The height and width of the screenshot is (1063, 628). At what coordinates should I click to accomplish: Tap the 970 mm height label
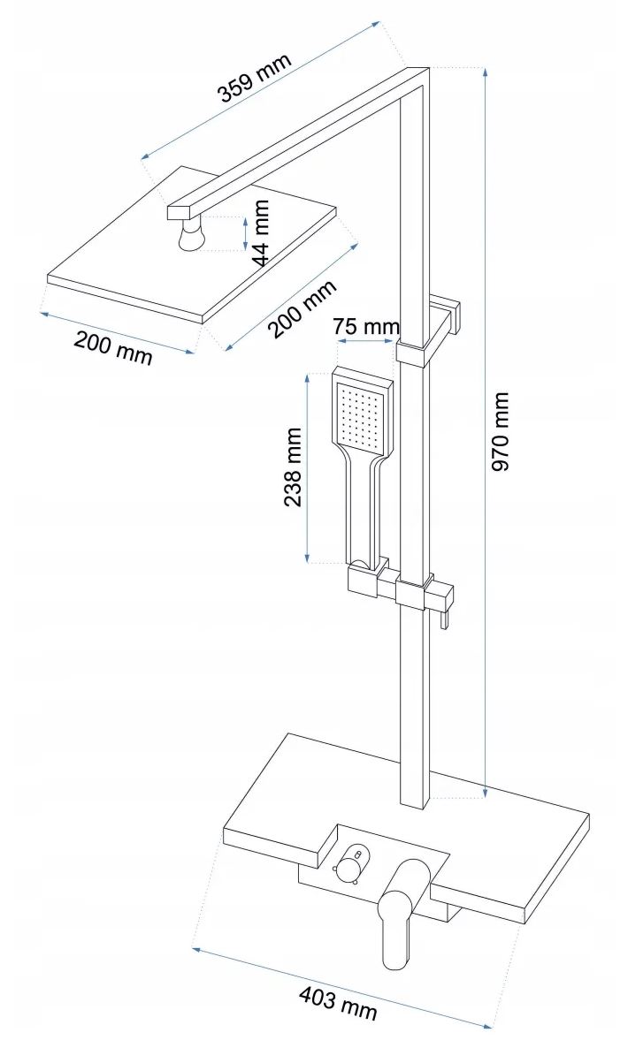click(502, 431)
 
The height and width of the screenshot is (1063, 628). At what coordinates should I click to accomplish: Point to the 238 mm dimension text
click(293, 467)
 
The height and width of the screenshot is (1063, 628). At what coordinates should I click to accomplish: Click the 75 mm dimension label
click(365, 327)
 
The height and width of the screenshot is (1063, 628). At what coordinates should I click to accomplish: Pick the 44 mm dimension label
click(259, 233)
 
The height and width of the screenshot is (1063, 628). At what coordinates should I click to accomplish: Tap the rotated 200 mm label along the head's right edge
click(303, 308)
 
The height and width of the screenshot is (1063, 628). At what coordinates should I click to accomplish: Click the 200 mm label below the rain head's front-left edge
click(113, 346)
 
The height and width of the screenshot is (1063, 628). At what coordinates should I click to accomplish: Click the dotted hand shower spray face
click(361, 415)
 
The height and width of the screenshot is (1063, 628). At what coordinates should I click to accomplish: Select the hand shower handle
click(364, 513)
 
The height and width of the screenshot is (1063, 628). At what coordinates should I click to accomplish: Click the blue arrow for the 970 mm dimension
click(486, 431)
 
